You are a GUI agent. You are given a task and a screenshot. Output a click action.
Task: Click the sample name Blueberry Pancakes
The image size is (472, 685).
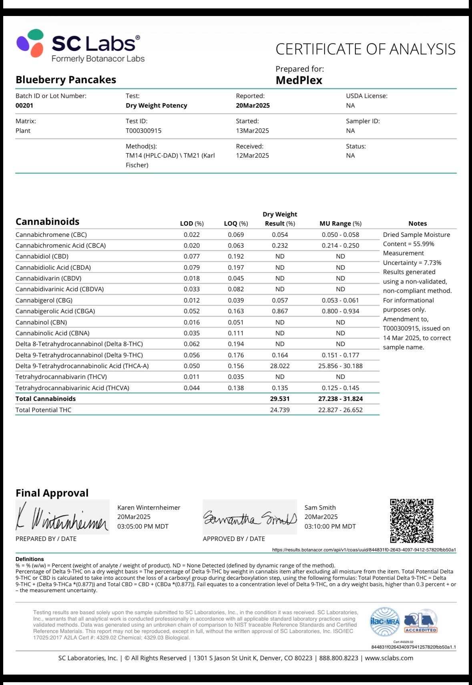(66, 80)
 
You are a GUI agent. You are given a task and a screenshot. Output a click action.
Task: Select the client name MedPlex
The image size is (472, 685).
(299, 80)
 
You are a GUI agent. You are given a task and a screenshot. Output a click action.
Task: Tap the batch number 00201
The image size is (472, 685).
(24, 105)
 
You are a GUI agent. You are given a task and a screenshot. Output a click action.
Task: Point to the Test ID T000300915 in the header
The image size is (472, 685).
(143, 130)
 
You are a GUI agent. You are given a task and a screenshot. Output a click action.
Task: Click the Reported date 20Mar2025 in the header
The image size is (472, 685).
(253, 105)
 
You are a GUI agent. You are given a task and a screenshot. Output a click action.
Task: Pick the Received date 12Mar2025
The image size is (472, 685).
(252, 155)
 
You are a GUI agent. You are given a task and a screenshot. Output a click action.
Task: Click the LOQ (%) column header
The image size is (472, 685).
(236, 223)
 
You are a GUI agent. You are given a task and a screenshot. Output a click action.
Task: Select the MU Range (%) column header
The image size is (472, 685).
(340, 223)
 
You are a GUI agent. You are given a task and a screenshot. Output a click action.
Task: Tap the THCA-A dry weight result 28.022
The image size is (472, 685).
(280, 366)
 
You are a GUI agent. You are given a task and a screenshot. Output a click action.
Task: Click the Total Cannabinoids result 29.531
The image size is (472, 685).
(280, 399)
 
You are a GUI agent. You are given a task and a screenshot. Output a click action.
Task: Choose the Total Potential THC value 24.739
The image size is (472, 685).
(280, 410)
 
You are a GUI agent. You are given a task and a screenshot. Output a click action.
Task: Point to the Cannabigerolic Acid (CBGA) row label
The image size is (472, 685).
(55, 311)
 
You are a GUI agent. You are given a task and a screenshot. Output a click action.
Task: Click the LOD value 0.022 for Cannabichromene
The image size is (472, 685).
(192, 234)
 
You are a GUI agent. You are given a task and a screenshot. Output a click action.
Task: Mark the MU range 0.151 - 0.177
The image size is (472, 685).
(340, 355)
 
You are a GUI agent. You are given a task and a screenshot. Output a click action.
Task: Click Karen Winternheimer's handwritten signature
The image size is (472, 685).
(62, 517)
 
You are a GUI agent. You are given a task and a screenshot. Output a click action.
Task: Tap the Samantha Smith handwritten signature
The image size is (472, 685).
(250, 517)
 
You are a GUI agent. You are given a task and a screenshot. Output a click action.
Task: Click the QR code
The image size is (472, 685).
(412, 520)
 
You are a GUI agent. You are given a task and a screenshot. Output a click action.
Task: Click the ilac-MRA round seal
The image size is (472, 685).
(385, 621)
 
